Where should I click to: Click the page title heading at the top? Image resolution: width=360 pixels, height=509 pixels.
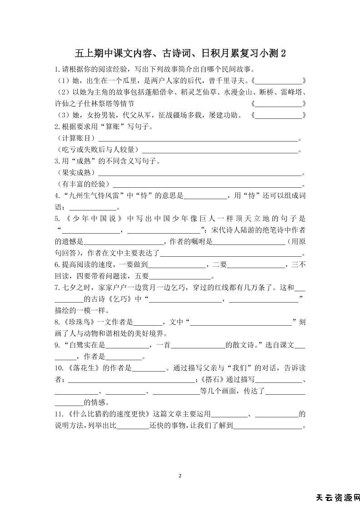pos(180,54)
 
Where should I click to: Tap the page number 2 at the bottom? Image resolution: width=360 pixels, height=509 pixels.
pos(180,476)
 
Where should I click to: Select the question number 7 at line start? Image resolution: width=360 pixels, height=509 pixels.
pos(57,288)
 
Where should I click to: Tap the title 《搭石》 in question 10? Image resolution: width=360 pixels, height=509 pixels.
pos(211,379)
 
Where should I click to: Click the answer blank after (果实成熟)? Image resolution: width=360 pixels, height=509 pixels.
pos(200,172)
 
